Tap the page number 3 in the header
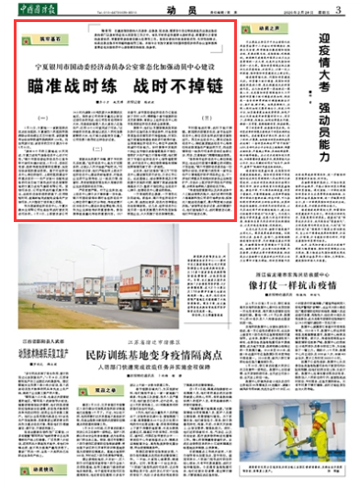[349, 8]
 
